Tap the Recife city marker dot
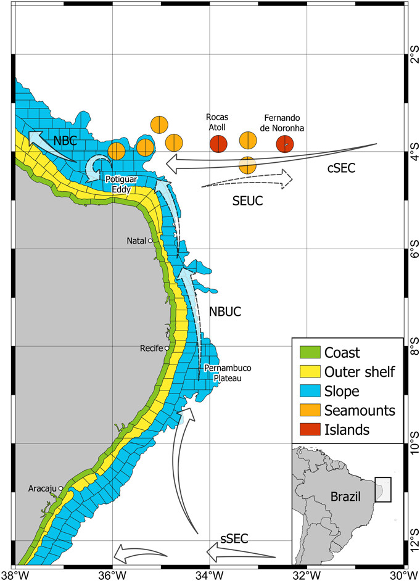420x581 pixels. [167, 348]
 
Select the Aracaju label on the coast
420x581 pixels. [42, 488]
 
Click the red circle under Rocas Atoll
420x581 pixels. [218, 144]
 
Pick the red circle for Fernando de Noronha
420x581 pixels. [284, 144]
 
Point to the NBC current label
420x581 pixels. [65, 141]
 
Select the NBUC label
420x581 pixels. [224, 312]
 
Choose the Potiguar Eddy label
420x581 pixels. [121, 184]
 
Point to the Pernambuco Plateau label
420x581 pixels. [223, 373]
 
